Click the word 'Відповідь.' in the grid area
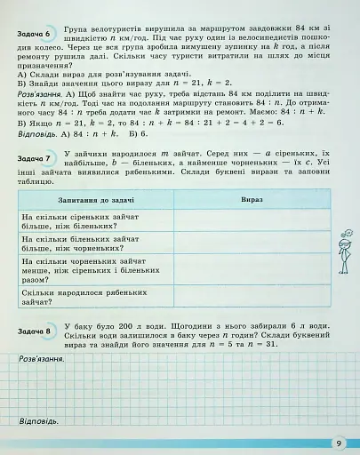(37, 420)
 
